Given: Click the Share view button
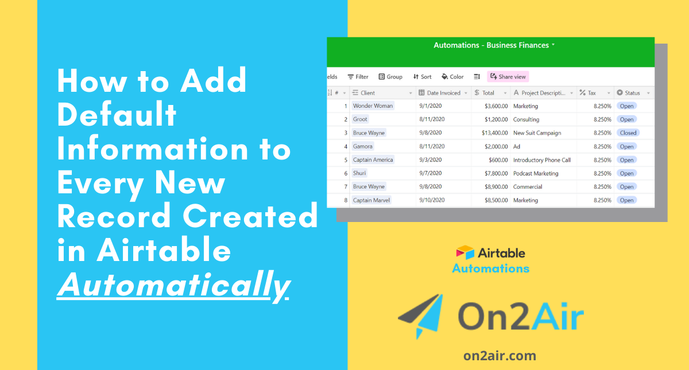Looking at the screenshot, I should pyautogui.click(x=508, y=77).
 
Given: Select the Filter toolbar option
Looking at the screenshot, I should pyautogui.click(x=358, y=77).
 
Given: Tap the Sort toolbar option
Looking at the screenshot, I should pyautogui.click(x=422, y=77).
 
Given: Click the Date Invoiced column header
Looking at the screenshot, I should pyautogui.click(x=443, y=93).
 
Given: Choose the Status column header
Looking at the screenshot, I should pyautogui.click(x=632, y=93).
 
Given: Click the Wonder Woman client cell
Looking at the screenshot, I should pyautogui.click(x=373, y=106).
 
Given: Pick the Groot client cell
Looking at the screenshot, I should pyautogui.click(x=360, y=119).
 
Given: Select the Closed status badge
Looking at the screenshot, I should pyautogui.click(x=628, y=133).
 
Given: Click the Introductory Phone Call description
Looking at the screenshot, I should pyautogui.click(x=541, y=160).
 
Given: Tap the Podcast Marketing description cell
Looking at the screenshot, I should pyautogui.click(x=536, y=173).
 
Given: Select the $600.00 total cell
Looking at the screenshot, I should pyautogui.click(x=498, y=160).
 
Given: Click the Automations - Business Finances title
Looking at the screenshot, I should pyautogui.click(x=491, y=45).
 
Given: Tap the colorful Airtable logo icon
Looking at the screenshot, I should pyautogui.click(x=465, y=252).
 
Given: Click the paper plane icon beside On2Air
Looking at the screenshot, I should pyautogui.click(x=421, y=316).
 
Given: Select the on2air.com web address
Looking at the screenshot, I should pyautogui.click(x=500, y=356).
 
